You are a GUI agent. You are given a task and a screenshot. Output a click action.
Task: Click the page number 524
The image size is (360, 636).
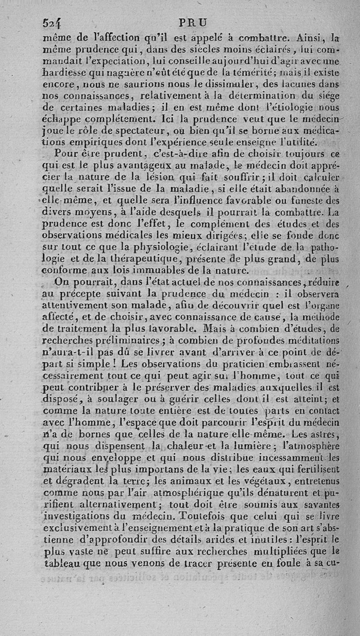click(52, 23)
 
